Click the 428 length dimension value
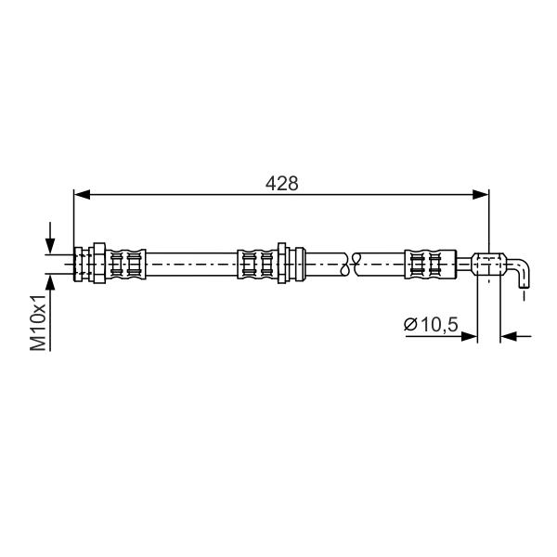pyautogui.click(x=281, y=184)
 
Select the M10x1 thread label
pyautogui.click(x=38, y=322)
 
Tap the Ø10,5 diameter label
pyautogui.click(x=431, y=324)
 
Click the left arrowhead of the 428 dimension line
pyautogui.click(x=82, y=194)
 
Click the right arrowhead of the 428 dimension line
pyautogui.click(x=481, y=194)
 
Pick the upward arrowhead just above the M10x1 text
pyautogui.click(x=50, y=283)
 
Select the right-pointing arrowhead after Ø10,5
pyautogui.click(x=469, y=336)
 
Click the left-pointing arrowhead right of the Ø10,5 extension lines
pyautogui.click(x=509, y=336)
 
